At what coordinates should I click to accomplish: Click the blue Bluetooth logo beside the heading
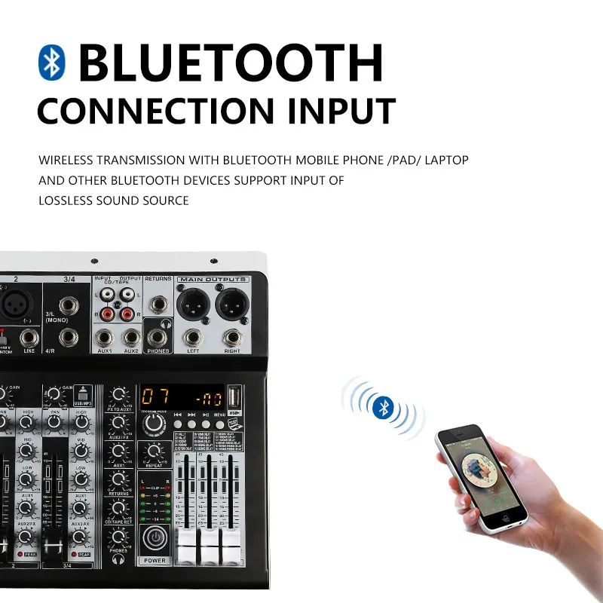[52, 62]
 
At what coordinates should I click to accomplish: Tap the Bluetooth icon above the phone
[383, 408]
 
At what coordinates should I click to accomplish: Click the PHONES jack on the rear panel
[158, 338]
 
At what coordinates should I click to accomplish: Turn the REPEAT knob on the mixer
[154, 451]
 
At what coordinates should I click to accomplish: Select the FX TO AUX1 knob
[118, 394]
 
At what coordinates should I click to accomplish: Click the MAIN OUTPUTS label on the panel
[213, 280]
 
